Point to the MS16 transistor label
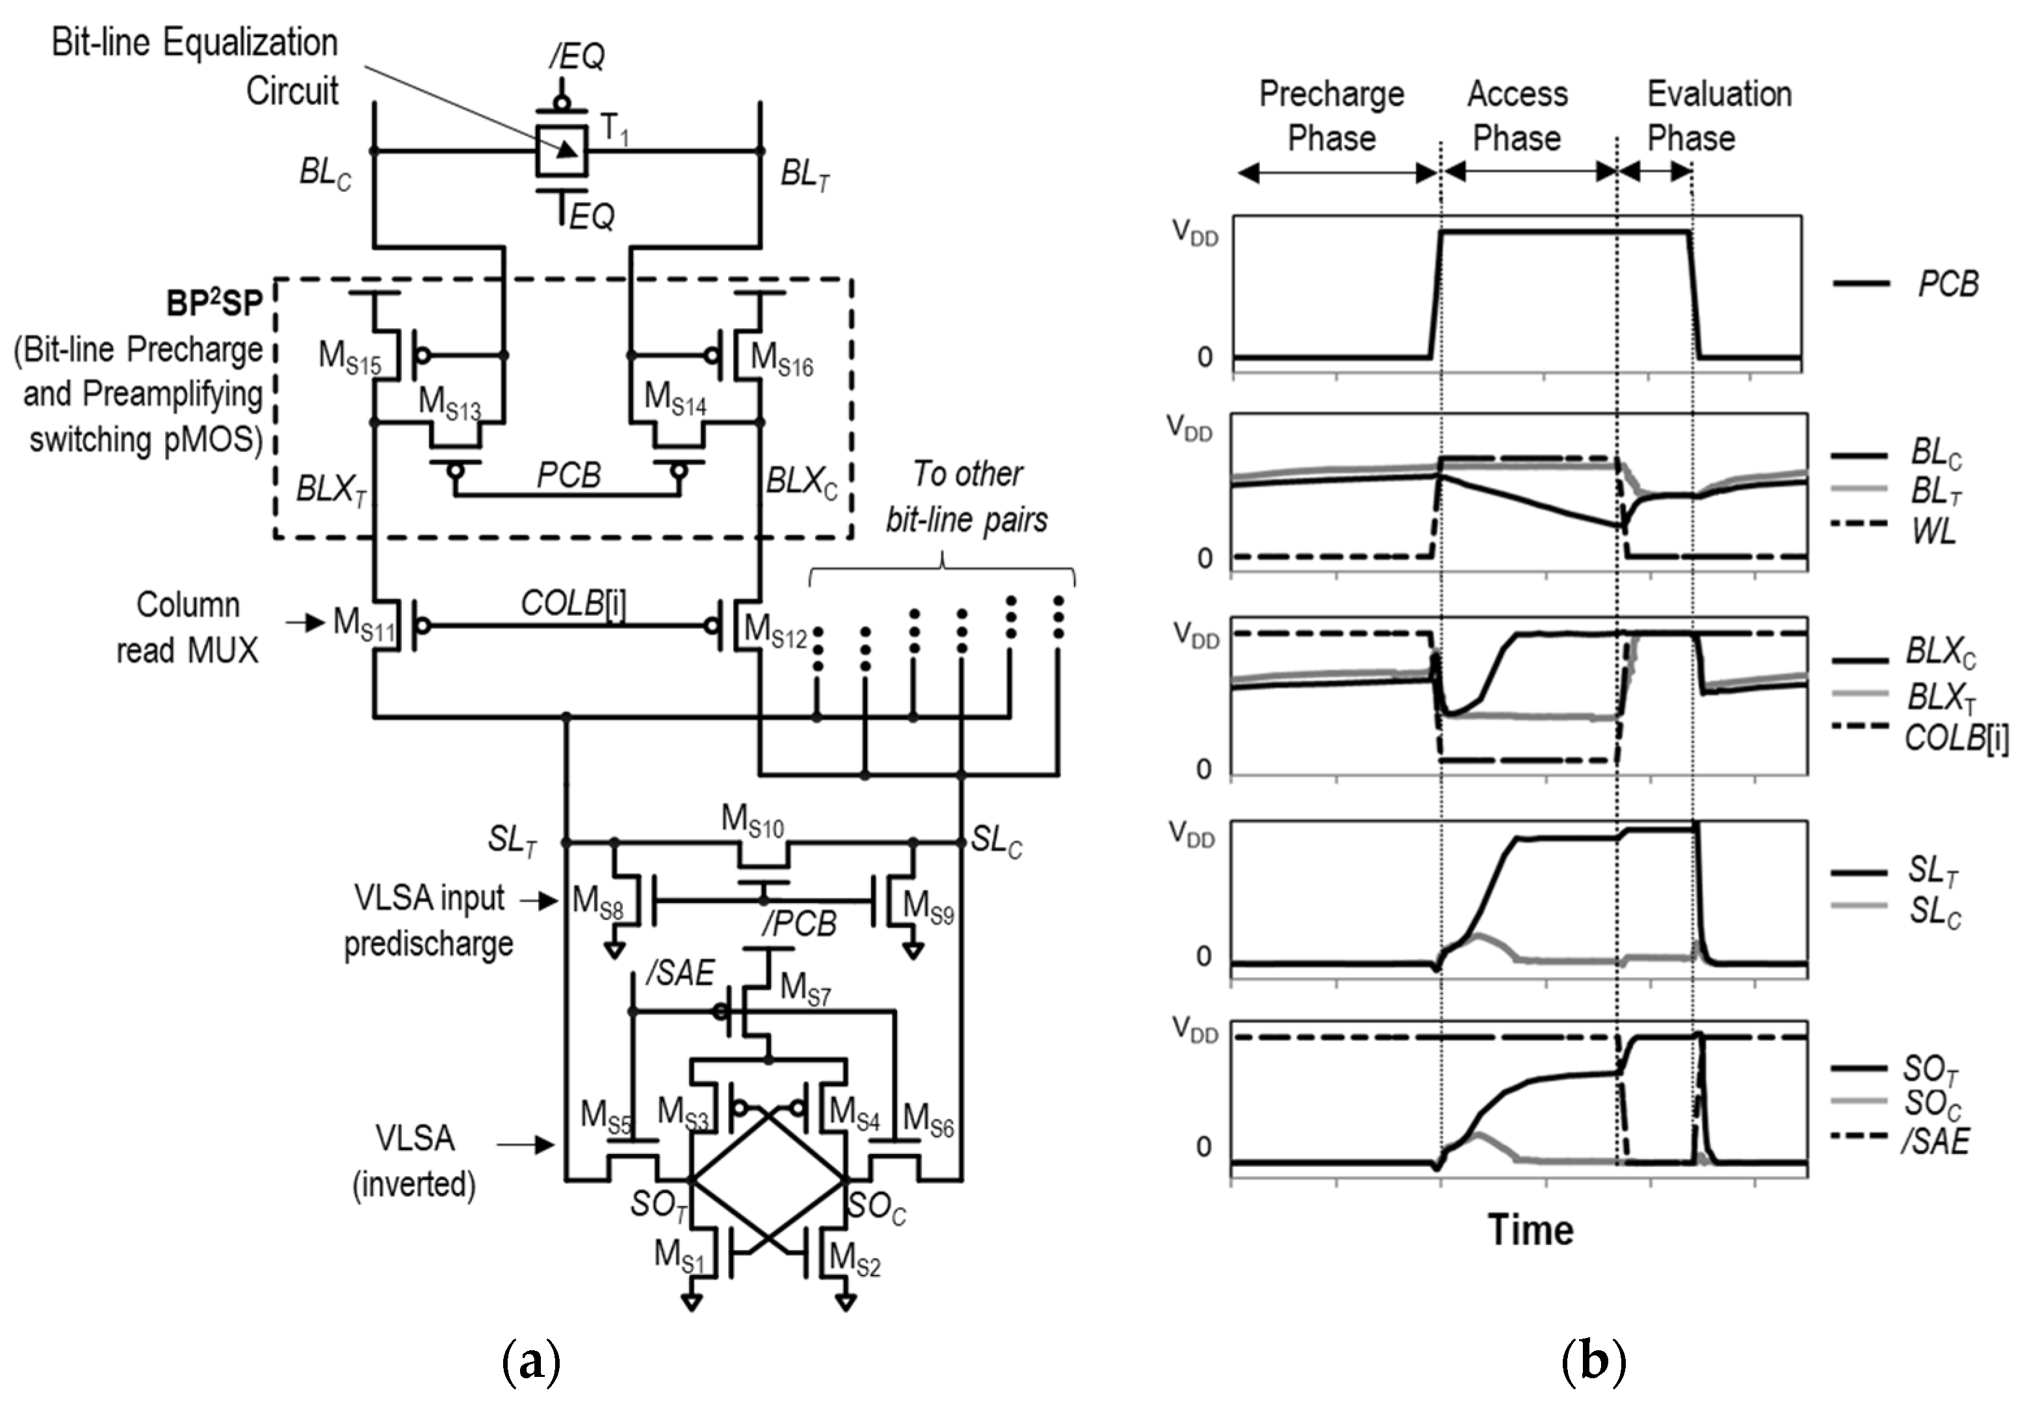click(781, 359)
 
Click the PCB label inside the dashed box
click(568, 476)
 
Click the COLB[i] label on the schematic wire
click(573, 604)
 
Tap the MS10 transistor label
click(751, 821)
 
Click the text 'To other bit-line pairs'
click(967, 497)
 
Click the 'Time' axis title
click(1530, 1229)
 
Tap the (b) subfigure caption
click(1592, 1362)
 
